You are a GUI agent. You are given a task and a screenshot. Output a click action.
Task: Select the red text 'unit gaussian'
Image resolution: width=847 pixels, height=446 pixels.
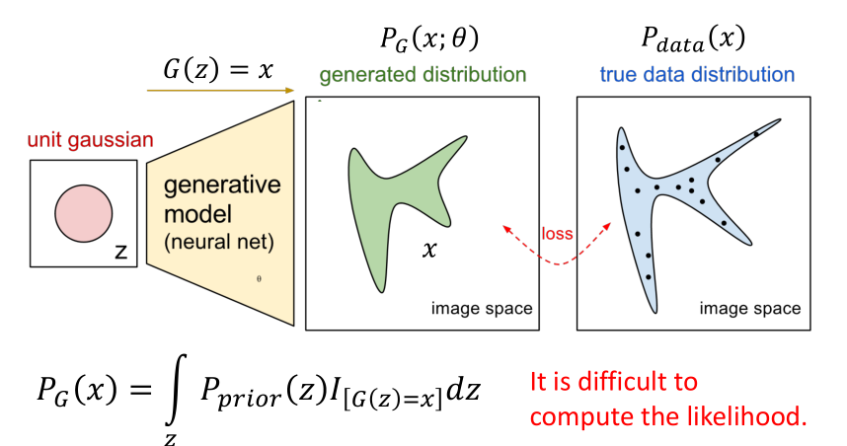click(91, 140)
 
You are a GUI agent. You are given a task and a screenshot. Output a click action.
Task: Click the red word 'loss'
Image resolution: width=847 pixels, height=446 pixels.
click(557, 234)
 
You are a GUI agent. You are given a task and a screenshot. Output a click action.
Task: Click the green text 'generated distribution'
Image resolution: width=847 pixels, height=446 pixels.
click(422, 75)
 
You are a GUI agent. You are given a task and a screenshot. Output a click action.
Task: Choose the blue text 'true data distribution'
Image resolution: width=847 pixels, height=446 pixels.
click(697, 75)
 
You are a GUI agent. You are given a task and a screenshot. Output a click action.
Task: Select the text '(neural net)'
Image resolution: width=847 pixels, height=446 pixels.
click(213, 240)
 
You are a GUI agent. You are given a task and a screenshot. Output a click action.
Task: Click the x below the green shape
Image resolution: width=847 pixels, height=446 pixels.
click(428, 251)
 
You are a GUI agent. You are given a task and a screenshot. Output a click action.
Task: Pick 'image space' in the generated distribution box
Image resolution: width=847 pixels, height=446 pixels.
click(482, 309)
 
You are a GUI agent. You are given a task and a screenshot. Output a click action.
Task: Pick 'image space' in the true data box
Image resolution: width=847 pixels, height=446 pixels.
click(750, 309)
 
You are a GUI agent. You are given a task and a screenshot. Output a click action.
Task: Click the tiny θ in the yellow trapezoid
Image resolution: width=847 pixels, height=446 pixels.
click(259, 278)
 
